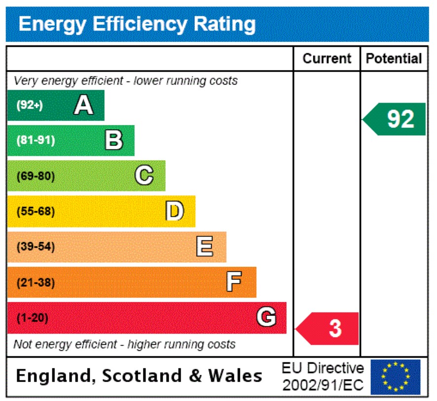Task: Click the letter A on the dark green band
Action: tap(83, 105)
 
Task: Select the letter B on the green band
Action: tap(114, 140)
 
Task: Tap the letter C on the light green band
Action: tap(144, 176)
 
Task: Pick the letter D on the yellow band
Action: tap(174, 211)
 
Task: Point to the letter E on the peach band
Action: tap(205, 247)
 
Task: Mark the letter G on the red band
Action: tap(266, 318)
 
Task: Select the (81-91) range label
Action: tap(36, 141)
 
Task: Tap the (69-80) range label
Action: tap(36, 176)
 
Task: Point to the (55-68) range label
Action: tap(36, 212)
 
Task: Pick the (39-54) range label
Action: tap(36, 247)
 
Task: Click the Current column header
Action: tap(327, 59)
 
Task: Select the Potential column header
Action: tap(394, 59)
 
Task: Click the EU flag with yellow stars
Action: tap(396, 377)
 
